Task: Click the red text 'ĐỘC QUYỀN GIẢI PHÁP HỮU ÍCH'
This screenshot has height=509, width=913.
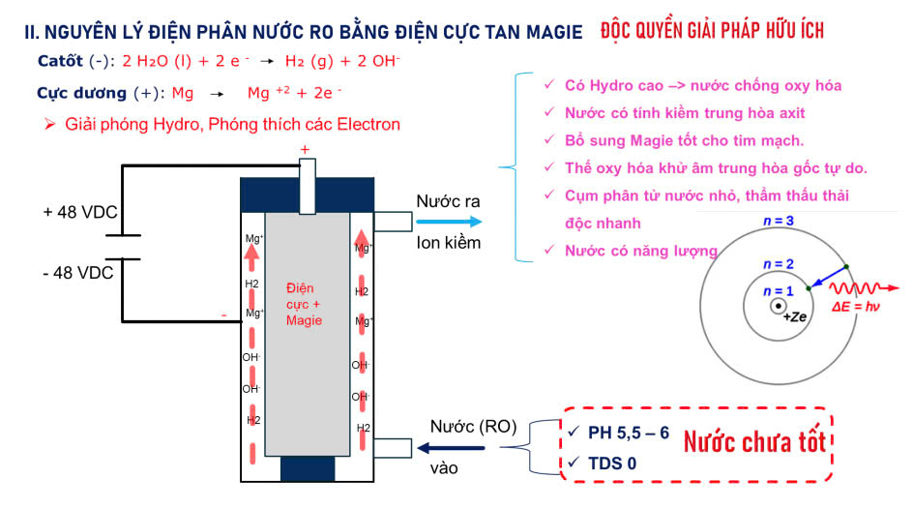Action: click(x=712, y=31)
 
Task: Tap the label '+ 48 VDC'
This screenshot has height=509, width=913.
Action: click(x=78, y=211)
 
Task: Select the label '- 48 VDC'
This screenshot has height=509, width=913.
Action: click(x=78, y=273)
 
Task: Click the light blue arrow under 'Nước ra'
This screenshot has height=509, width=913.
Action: click(x=448, y=222)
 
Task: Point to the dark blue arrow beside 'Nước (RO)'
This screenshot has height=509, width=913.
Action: click(x=450, y=447)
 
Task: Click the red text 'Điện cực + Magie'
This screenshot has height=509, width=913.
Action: click(x=304, y=304)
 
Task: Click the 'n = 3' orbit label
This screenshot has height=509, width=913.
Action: click(x=779, y=221)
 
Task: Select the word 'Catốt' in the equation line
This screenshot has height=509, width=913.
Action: click(x=61, y=61)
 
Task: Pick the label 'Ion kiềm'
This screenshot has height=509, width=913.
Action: click(x=448, y=242)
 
